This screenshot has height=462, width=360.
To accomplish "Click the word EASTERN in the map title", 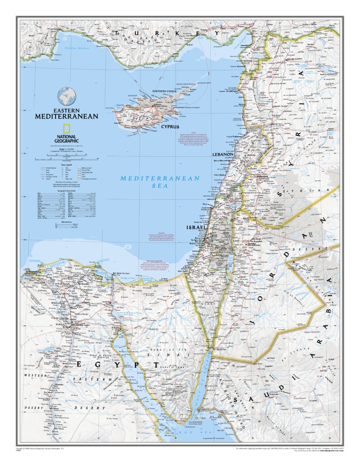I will tap(67, 111).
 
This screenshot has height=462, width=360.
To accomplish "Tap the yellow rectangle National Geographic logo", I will tap(67, 129).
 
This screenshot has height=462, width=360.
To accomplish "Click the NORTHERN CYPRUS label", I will tap(164, 91).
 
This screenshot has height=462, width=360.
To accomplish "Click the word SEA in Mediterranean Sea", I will tap(160, 185).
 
